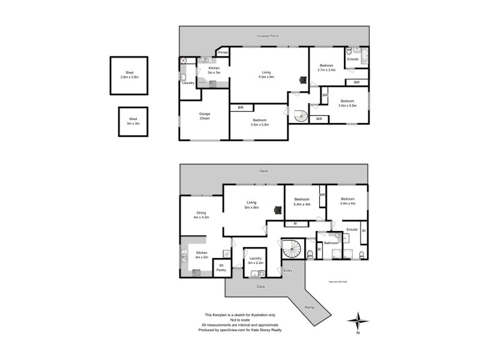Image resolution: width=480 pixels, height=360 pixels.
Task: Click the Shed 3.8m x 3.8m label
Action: (130, 75)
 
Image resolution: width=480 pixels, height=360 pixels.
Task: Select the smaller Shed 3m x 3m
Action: (134, 122)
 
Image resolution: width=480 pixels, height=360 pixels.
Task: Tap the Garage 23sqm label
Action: (205, 116)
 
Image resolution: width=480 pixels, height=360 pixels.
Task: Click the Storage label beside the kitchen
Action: (223, 53)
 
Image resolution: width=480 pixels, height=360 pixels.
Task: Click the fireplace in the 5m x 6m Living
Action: (277, 210)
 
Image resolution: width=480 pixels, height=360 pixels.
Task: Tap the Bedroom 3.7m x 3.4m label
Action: (326, 68)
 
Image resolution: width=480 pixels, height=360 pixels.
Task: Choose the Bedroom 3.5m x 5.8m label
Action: (260, 122)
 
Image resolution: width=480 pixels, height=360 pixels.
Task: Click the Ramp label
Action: (309, 307)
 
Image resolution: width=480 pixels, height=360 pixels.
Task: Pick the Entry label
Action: (287, 271)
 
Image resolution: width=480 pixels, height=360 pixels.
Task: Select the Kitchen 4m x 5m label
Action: (202, 256)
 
